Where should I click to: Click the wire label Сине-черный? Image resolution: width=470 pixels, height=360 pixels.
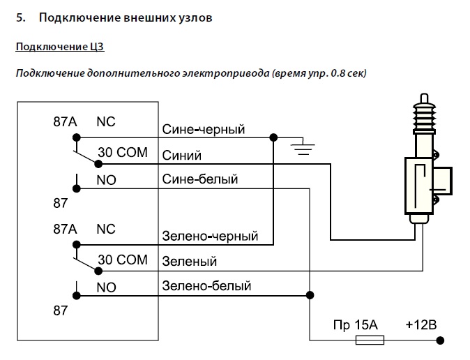(x=204, y=130)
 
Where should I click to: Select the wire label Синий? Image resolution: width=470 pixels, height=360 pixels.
(x=181, y=156)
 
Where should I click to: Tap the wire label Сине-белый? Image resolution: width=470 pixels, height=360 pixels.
(x=200, y=179)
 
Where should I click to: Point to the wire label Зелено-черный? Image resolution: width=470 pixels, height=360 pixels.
(x=210, y=236)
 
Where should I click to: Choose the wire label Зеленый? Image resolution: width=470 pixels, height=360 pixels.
(x=190, y=262)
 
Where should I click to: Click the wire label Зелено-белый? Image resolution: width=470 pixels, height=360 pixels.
(x=206, y=286)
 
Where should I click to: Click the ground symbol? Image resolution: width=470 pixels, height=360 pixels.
(x=303, y=148)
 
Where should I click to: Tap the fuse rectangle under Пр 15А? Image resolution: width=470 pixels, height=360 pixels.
(x=370, y=340)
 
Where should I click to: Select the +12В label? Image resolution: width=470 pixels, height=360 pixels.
(x=421, y=325)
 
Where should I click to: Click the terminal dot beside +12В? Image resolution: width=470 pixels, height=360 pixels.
(x=440, y=340)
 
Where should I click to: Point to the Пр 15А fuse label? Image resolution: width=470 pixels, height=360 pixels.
(x=355, y=325)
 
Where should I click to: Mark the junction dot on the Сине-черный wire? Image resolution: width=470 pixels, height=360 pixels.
(x=273, y=137)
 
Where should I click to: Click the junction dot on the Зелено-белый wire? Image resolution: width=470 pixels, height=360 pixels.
(x=310, y=295)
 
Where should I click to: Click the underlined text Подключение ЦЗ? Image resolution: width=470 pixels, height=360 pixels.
(x=60, y=47)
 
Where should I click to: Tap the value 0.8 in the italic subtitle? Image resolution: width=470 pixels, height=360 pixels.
(x=338, y=73)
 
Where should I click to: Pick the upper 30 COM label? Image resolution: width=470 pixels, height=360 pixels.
(x=123, y=152)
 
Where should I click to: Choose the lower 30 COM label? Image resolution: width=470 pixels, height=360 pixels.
(x=123, y=260)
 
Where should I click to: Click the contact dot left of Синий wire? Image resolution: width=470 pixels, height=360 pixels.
(x=98, y=164)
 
